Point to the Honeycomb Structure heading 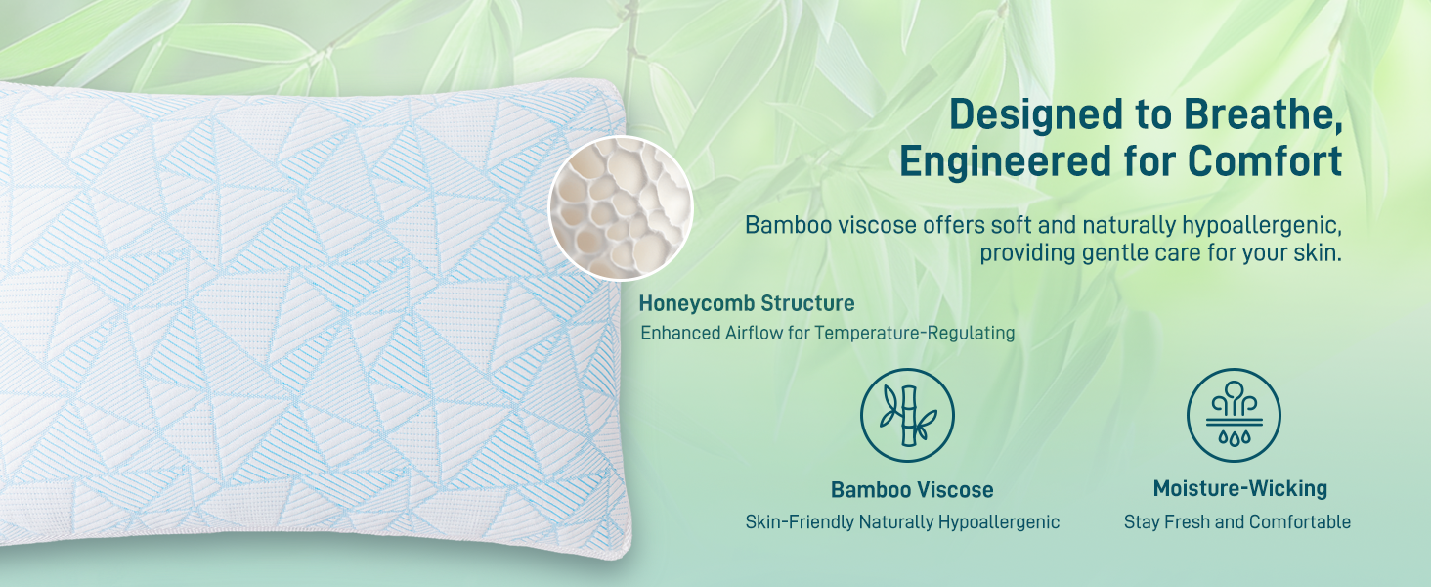(x=747, y=303)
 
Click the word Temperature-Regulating (x=915, y=333)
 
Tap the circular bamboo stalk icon (x=907, y=415)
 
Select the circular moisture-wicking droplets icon (x=1234, y=415)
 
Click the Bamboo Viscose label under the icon (x=912, y=490)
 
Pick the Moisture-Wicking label (x=1239, y=489)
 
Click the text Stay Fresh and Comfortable (x=1237, y=522)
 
